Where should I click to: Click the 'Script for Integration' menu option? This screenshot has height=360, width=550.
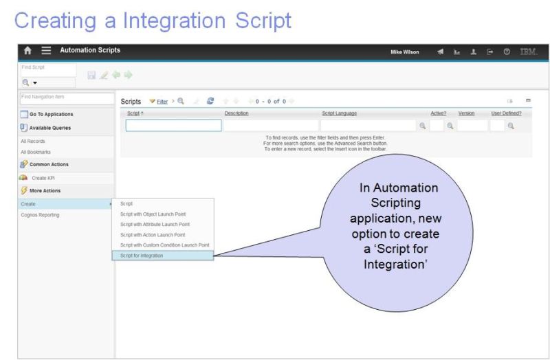[x=142, y=256]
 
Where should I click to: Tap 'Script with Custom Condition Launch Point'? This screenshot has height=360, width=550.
[x=164, y=245]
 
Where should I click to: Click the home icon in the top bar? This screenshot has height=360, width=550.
[x=28, y=50]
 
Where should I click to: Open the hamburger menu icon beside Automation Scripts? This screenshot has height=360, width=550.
[x=46, y=50]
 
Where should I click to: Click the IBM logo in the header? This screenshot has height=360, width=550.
[x=528, y=51]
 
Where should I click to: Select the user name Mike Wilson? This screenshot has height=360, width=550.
[x=405, y=51]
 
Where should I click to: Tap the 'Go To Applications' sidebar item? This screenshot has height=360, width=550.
[x=51, y=114]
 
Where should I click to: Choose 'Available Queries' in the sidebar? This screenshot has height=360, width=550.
[x=49, y=128]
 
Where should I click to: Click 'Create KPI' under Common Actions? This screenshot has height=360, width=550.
[x=43, y=178]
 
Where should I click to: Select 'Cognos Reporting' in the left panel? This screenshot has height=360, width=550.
[x=40, y=215]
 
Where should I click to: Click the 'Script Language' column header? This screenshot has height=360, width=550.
[x=339, y=113]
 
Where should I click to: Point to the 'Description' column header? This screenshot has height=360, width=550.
[x=236, y=113]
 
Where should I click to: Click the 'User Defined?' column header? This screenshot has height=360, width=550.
[x=506, y=113]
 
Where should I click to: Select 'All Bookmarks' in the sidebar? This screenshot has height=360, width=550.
[x=36, y=152]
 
